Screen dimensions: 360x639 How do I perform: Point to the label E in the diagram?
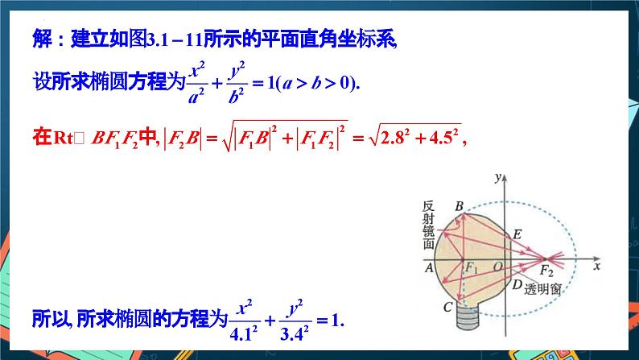pos(517,234)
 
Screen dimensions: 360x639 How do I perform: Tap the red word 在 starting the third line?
pos(42,137)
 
